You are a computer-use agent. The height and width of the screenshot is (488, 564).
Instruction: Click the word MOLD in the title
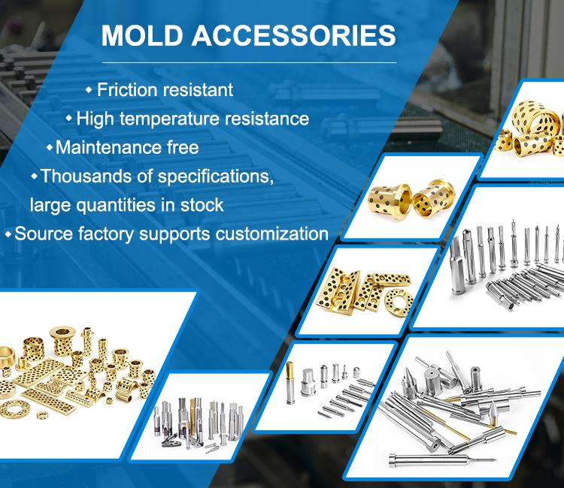coord(142,35)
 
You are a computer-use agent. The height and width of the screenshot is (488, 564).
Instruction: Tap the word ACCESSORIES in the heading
coord(294,35)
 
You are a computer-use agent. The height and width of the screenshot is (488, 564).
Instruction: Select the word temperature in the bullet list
coord(169,119)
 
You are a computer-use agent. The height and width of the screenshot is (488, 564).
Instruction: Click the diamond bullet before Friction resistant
coord(89,90)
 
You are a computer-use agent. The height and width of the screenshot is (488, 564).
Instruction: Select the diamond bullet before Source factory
coord(8,234)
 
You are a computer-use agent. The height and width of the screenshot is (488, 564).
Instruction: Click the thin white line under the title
coord(249,62)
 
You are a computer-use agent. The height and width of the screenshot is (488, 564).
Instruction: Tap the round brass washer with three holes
coord(399,303)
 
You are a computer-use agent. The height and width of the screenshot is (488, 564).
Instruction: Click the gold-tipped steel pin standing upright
coord(290,383)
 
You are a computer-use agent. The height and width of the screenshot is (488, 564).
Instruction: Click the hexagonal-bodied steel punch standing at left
coord(456,266)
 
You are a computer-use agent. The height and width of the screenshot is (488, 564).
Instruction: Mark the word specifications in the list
coord(216,176)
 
